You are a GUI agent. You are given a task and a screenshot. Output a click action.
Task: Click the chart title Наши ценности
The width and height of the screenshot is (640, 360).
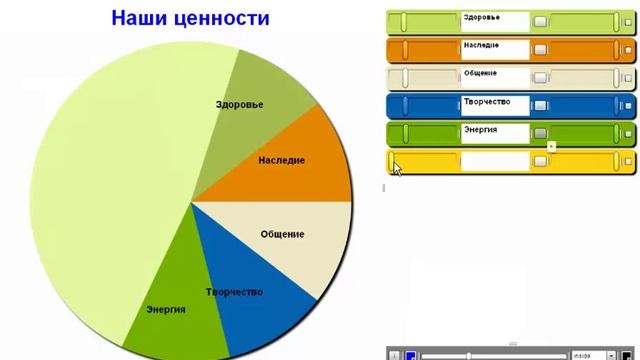point(190,19)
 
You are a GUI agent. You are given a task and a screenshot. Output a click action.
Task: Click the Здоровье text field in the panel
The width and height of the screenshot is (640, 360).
point(495,20)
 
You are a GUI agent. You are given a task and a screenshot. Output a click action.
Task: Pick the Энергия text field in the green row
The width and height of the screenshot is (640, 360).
point(495,132)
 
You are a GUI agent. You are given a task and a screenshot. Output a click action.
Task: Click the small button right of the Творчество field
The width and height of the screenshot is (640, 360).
point(540,105)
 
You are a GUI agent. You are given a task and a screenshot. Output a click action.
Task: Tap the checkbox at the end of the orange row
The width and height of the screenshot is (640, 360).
point(627,49)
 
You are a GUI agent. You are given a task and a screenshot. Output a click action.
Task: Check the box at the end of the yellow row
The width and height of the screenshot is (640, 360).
point(627,161)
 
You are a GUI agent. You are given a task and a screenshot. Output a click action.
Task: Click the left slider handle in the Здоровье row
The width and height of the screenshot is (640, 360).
point(402,21)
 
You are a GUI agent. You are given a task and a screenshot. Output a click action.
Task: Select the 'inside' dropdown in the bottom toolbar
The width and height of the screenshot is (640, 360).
point(592,355)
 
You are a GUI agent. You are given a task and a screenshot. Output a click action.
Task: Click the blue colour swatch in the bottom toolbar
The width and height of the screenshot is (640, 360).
point(410,355)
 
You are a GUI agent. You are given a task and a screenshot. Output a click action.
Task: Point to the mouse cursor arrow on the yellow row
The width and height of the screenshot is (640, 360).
point(396,167)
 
